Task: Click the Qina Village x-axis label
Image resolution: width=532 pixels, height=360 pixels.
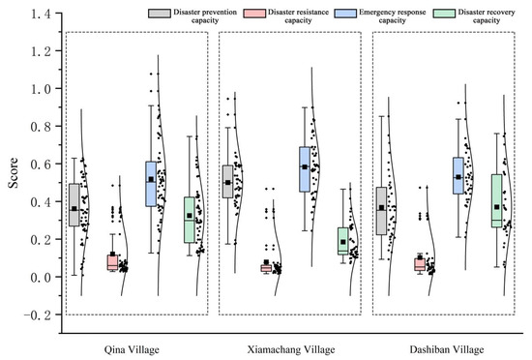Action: coord(132,349)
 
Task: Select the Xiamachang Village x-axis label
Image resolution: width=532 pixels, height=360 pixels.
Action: coord(291,349)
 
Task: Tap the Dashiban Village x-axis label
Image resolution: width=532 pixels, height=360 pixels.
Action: coord(447,349)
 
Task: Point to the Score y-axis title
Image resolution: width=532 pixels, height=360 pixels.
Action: coord(14,173)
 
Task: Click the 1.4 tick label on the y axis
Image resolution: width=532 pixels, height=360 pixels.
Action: coord(42,14)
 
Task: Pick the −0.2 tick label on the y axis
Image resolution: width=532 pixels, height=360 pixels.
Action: coord(38,315)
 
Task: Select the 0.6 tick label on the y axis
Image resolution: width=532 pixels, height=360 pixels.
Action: coord(42,165)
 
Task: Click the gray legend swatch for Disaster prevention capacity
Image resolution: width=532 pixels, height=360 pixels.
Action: coord(160,14)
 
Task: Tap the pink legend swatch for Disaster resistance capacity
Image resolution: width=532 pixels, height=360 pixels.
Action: coord(254,14)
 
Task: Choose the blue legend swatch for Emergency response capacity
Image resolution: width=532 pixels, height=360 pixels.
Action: coord(345,14)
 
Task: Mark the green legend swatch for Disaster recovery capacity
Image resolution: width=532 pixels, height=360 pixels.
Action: coord(444,14)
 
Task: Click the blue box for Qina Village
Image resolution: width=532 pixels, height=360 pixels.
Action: coord(151,184)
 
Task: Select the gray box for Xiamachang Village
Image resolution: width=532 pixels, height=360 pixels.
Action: coord(227,182)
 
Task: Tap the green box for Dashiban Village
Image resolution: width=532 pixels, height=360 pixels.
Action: coord(497,201)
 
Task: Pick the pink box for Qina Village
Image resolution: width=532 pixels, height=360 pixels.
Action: coord(112,262)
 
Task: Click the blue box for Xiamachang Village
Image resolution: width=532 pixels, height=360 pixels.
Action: coord(305,169)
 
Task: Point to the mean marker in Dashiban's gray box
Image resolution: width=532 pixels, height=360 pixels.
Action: coord(382,208)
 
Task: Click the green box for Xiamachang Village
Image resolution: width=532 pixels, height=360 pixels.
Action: coord(343,241)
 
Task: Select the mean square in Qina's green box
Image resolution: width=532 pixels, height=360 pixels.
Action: coord(190,216)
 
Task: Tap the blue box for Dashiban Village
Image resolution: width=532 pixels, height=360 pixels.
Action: coord(458,176)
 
